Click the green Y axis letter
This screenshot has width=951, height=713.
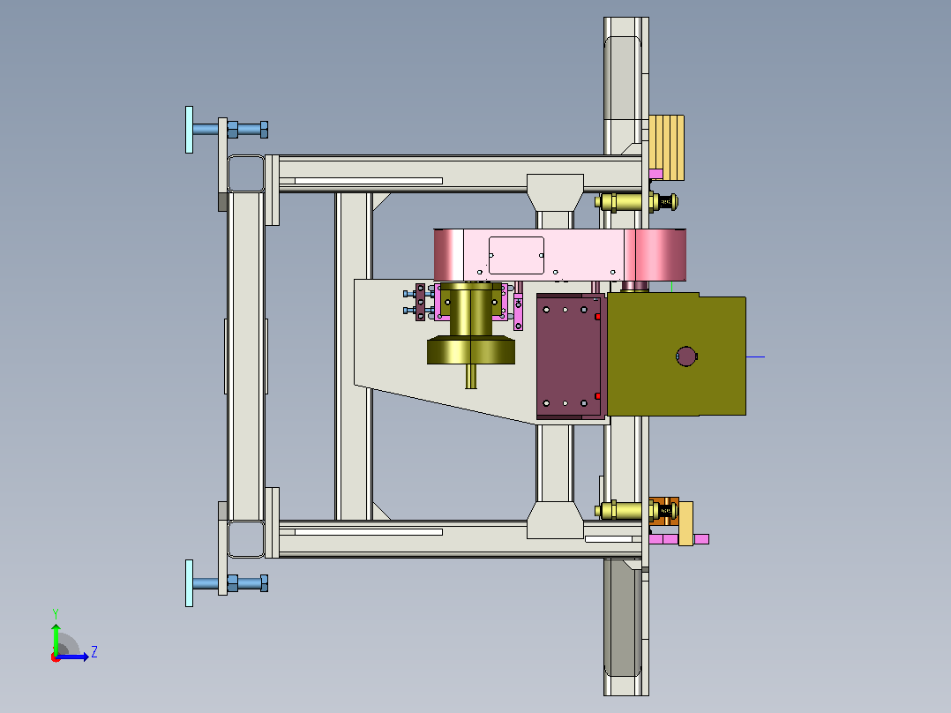click(56, 613)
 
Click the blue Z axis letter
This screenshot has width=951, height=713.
click(94, 652)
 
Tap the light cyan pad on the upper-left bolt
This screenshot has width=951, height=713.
click(189, 130)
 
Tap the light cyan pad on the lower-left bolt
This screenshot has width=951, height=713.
click(189, 583)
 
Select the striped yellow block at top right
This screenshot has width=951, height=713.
click(667, 147)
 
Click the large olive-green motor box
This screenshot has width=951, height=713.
click(677, 355)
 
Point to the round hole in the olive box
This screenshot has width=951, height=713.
click(686, 356)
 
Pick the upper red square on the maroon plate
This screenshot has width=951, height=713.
click(597, 317)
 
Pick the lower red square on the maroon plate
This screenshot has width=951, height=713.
click(597, 396)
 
